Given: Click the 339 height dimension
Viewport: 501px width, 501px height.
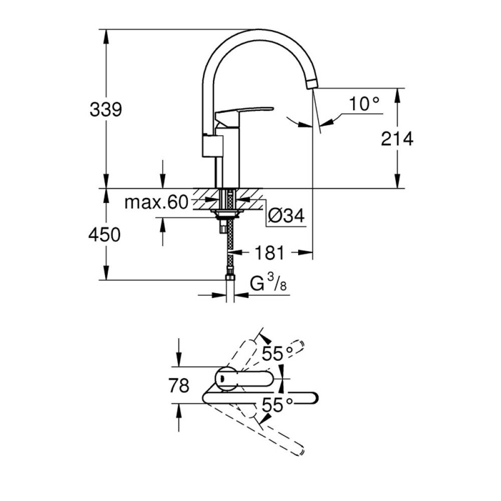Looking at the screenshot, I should click(x=106, y=109).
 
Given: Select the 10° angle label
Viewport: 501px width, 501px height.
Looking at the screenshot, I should click(x=364, y=104).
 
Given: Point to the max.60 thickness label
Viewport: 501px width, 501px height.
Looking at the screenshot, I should click(x=155, y=202).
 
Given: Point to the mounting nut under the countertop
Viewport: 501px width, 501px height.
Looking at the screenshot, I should click(x=228, y=214).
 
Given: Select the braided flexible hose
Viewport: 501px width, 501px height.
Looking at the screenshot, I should click(x=230, y=245).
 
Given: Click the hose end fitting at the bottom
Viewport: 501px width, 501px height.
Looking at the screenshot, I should click(x=230, y=278).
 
